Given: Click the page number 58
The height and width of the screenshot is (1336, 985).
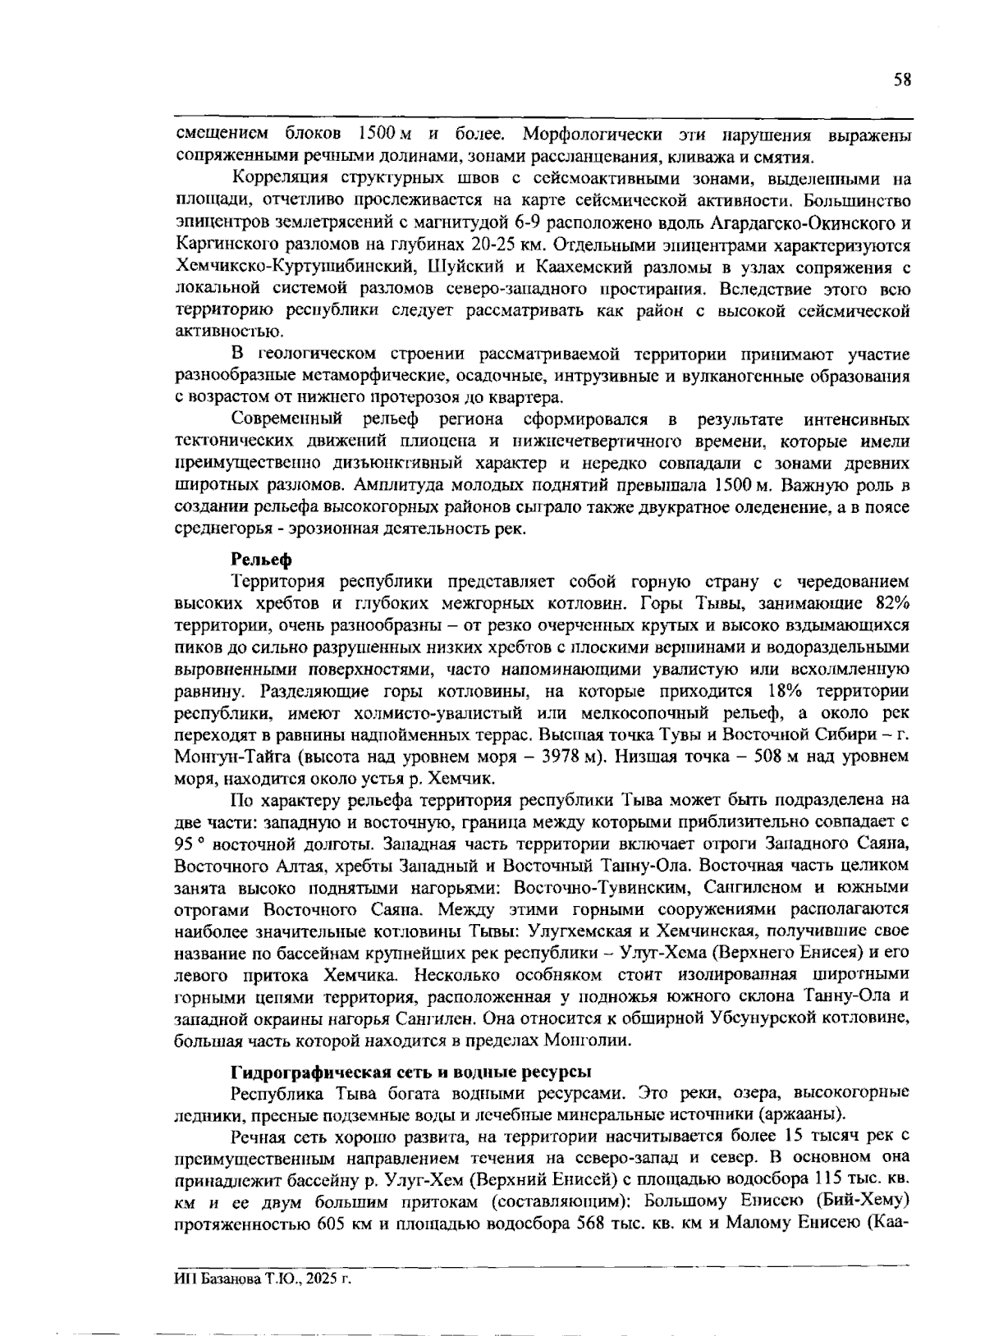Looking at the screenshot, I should click(x=902, y=80).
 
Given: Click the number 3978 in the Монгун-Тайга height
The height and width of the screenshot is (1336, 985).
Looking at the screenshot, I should click(x=561, y=756).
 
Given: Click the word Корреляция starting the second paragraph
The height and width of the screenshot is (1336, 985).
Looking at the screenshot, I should click(x=280, y=179).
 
